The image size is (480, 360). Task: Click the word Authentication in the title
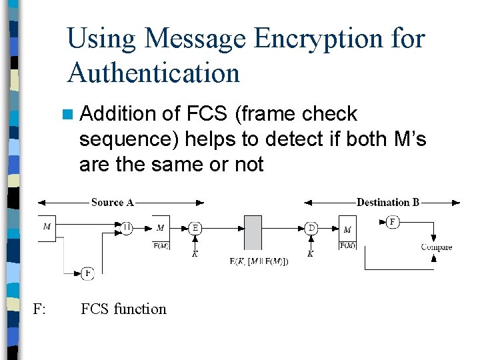(x=153, y=72)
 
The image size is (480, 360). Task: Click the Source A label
(x=113, y=202)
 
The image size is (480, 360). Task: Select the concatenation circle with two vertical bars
(x=127, y=227)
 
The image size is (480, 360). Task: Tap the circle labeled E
(x=195, y=227)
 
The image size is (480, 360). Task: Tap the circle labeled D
(x=311, y=227)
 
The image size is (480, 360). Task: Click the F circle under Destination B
(x=393, y=221)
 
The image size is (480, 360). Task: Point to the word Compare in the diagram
(x=437, y=247)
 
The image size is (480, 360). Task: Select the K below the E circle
(x=195, y=254)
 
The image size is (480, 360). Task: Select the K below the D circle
(x=311, y=254)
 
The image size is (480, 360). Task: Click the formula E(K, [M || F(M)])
(x=259, y=261)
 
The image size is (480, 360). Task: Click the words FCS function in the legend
(x=123, y=309)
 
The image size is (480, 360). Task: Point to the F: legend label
(x=39, y=309)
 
